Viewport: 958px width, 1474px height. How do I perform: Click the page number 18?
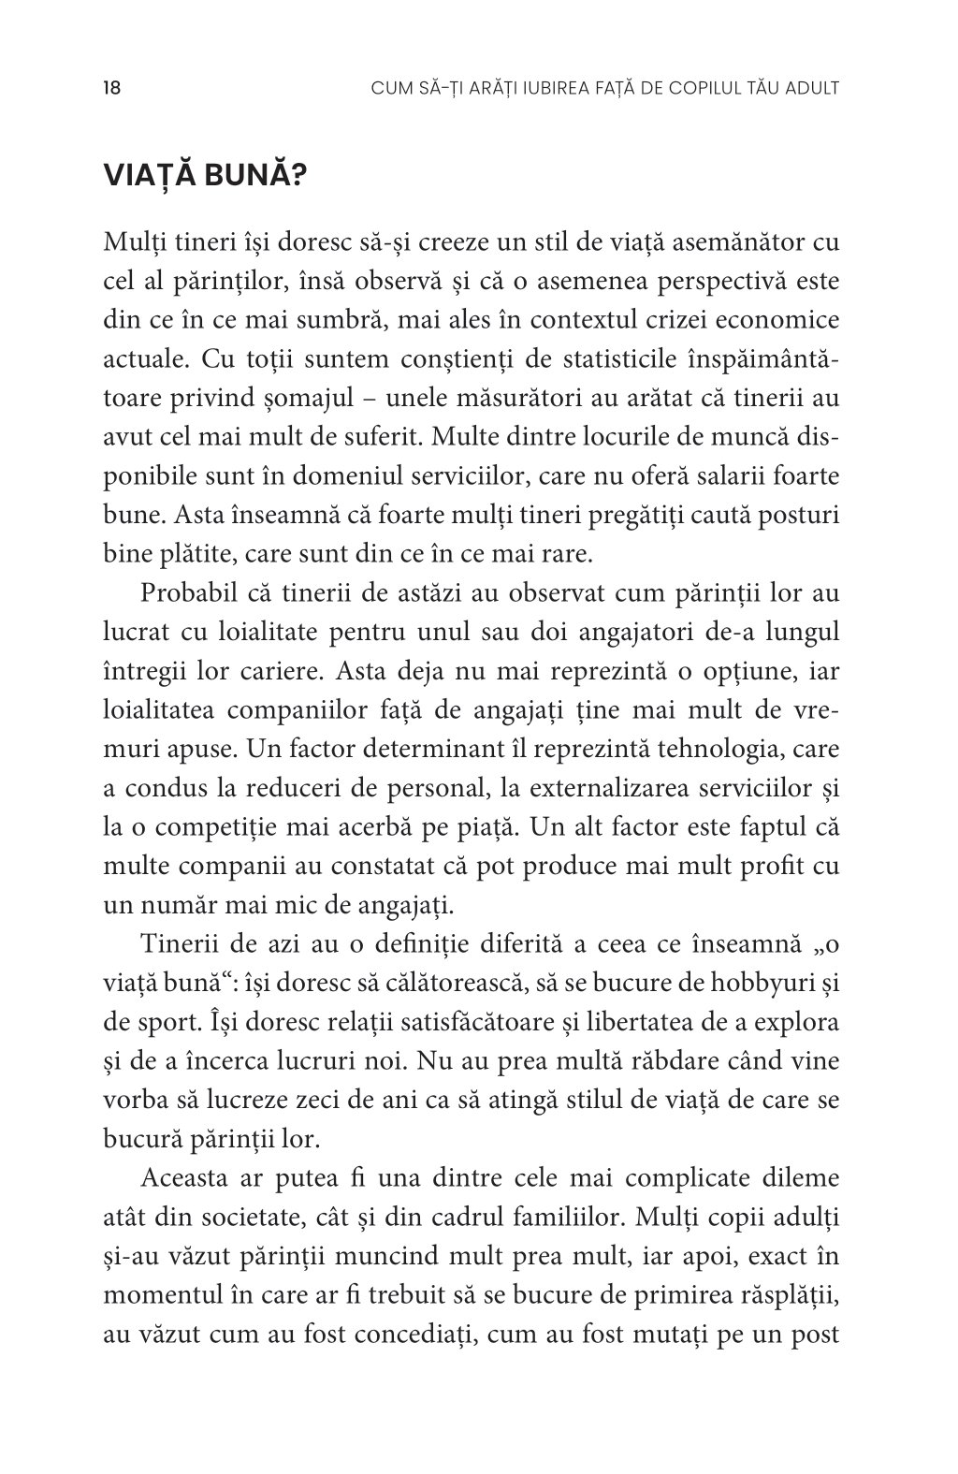tap(111, 89)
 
